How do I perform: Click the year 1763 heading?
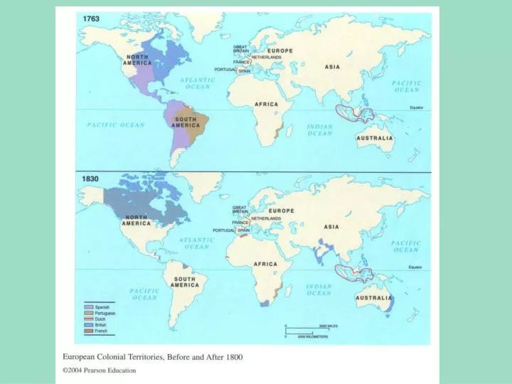(91, 16)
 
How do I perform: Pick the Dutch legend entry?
(100, 319)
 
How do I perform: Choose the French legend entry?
(100, 331)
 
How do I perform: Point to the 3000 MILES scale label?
(329, 324)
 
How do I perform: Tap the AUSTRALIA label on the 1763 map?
(374, 138)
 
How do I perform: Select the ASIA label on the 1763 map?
(332, 67)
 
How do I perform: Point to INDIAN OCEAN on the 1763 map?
(319, 130)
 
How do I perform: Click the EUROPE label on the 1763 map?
(280, 51)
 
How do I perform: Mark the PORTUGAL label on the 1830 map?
(224, 230)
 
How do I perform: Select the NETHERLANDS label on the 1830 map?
(266, 218)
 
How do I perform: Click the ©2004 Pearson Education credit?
(100, 370)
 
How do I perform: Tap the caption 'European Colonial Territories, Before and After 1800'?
(153, 357)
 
